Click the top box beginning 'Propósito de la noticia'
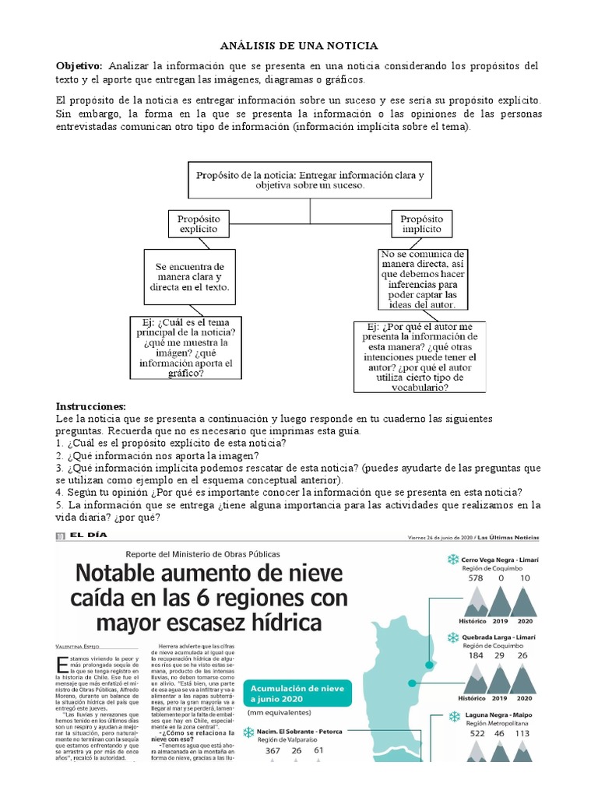310,181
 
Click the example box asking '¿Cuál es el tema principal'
185,347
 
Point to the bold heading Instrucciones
90,406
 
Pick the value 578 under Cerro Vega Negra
475,578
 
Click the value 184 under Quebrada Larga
475,655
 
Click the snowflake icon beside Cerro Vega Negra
452,560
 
